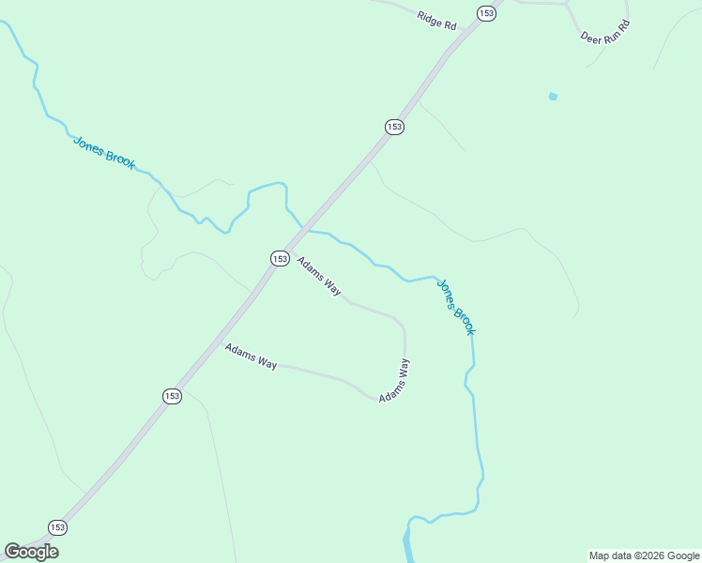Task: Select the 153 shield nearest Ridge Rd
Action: [485, 13]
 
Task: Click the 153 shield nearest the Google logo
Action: [58, 527]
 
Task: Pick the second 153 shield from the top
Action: [394, 127]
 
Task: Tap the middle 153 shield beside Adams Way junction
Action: [280, 258]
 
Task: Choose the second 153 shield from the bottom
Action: [171, 396]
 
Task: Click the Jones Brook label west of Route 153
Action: [104, 152]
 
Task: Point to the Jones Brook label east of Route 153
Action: [456, 306]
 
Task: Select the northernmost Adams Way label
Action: [319, 276]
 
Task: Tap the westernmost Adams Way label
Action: [251, 356]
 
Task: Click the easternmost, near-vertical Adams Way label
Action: [394, 381]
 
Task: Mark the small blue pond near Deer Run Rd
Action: [553, 96]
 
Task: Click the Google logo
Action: [31, 552]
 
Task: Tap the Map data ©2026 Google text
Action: [644, 555]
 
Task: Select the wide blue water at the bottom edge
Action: [407, 544]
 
